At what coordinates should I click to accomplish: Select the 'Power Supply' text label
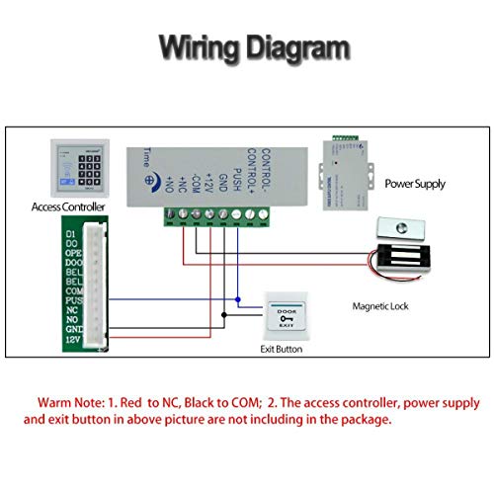[415, 184]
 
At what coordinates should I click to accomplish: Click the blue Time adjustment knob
[151, 181]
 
